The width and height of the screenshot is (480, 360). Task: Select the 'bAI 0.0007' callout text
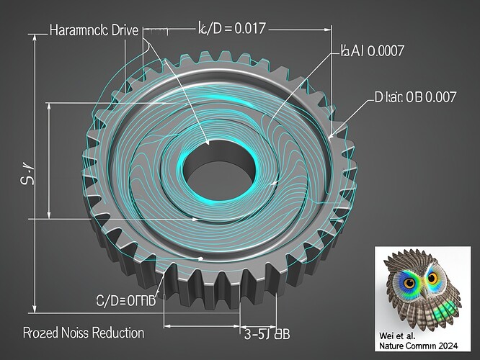click(371, 51)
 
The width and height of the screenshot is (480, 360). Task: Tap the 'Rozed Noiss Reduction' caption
click(83, 333)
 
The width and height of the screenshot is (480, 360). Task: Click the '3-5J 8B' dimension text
click(265, 333)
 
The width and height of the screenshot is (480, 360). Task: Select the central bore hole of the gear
click(220, 173)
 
